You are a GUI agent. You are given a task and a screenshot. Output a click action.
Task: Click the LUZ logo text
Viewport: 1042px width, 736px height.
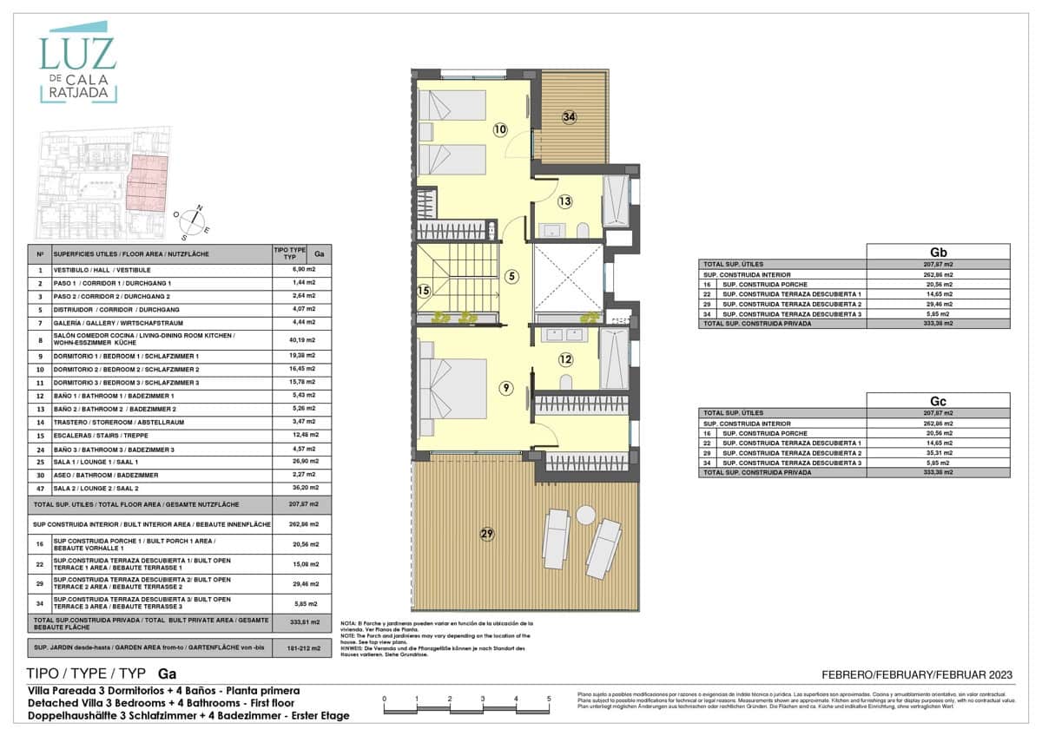[77, 54]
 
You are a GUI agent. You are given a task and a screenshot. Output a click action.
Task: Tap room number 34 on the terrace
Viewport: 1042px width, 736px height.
[569, 117]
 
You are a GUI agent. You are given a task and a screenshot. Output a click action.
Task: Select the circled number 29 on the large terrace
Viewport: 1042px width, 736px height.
[487, 533]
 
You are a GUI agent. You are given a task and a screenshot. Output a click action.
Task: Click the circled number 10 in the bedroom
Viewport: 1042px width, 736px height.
[500, 130]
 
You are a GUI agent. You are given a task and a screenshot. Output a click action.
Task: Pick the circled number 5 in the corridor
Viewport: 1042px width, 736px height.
[512, 277]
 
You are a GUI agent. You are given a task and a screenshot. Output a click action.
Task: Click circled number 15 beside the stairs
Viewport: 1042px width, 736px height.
[425, 292]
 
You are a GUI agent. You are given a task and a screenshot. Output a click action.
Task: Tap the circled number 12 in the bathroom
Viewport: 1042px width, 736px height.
[565, 359]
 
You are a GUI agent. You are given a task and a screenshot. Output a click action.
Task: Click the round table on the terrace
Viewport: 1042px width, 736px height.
[585, 515]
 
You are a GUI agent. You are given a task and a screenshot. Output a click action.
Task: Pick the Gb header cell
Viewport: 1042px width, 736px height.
[938, 252]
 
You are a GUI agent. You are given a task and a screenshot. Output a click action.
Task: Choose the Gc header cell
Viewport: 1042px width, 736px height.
[938, 401]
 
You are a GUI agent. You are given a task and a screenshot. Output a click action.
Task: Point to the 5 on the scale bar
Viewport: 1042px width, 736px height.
[549, 698]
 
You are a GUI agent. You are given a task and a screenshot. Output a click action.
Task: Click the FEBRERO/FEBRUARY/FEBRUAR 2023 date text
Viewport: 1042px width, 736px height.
[916, 675]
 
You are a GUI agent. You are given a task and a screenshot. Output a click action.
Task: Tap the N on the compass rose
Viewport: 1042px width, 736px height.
[199, 208]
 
